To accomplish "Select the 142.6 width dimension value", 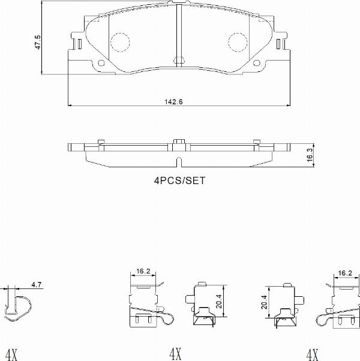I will click(x=173, y=101).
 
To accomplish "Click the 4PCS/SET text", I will click(x=179, y=180).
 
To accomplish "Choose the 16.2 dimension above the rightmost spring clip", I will click(x=345, y=273).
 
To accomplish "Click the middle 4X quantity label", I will click(x=175, y=353).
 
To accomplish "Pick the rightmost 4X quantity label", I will click(x=312, y=353).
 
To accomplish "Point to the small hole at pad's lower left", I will click(x=101, y=62).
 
